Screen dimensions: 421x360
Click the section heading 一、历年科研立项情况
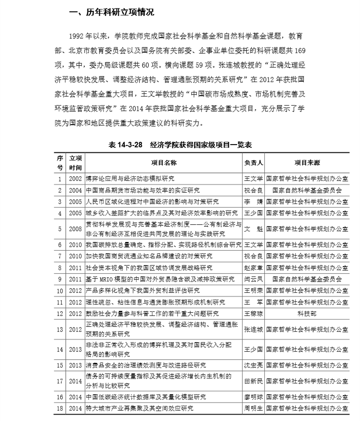click(x=111, y=13)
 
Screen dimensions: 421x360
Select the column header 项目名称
click(x=164, y=162)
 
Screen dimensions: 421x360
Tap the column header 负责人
click(x=254, y=162)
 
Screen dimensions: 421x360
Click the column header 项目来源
click(x=307, y=162)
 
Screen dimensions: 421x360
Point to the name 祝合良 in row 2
click(x=254, y=190)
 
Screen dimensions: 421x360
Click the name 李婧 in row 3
click(x=254, y=202)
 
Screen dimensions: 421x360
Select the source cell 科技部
click(x=307, y=313)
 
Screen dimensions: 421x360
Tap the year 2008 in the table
click(x=76, y=229)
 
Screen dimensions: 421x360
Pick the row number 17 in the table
click(x=60, y=381)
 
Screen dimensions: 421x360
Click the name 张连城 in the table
click(x=254, y=329)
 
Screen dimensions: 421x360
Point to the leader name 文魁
click(x=254, y=229)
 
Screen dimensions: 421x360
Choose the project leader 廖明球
click(x=254, y=397)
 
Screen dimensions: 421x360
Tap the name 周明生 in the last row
click(x=254, y=408)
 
